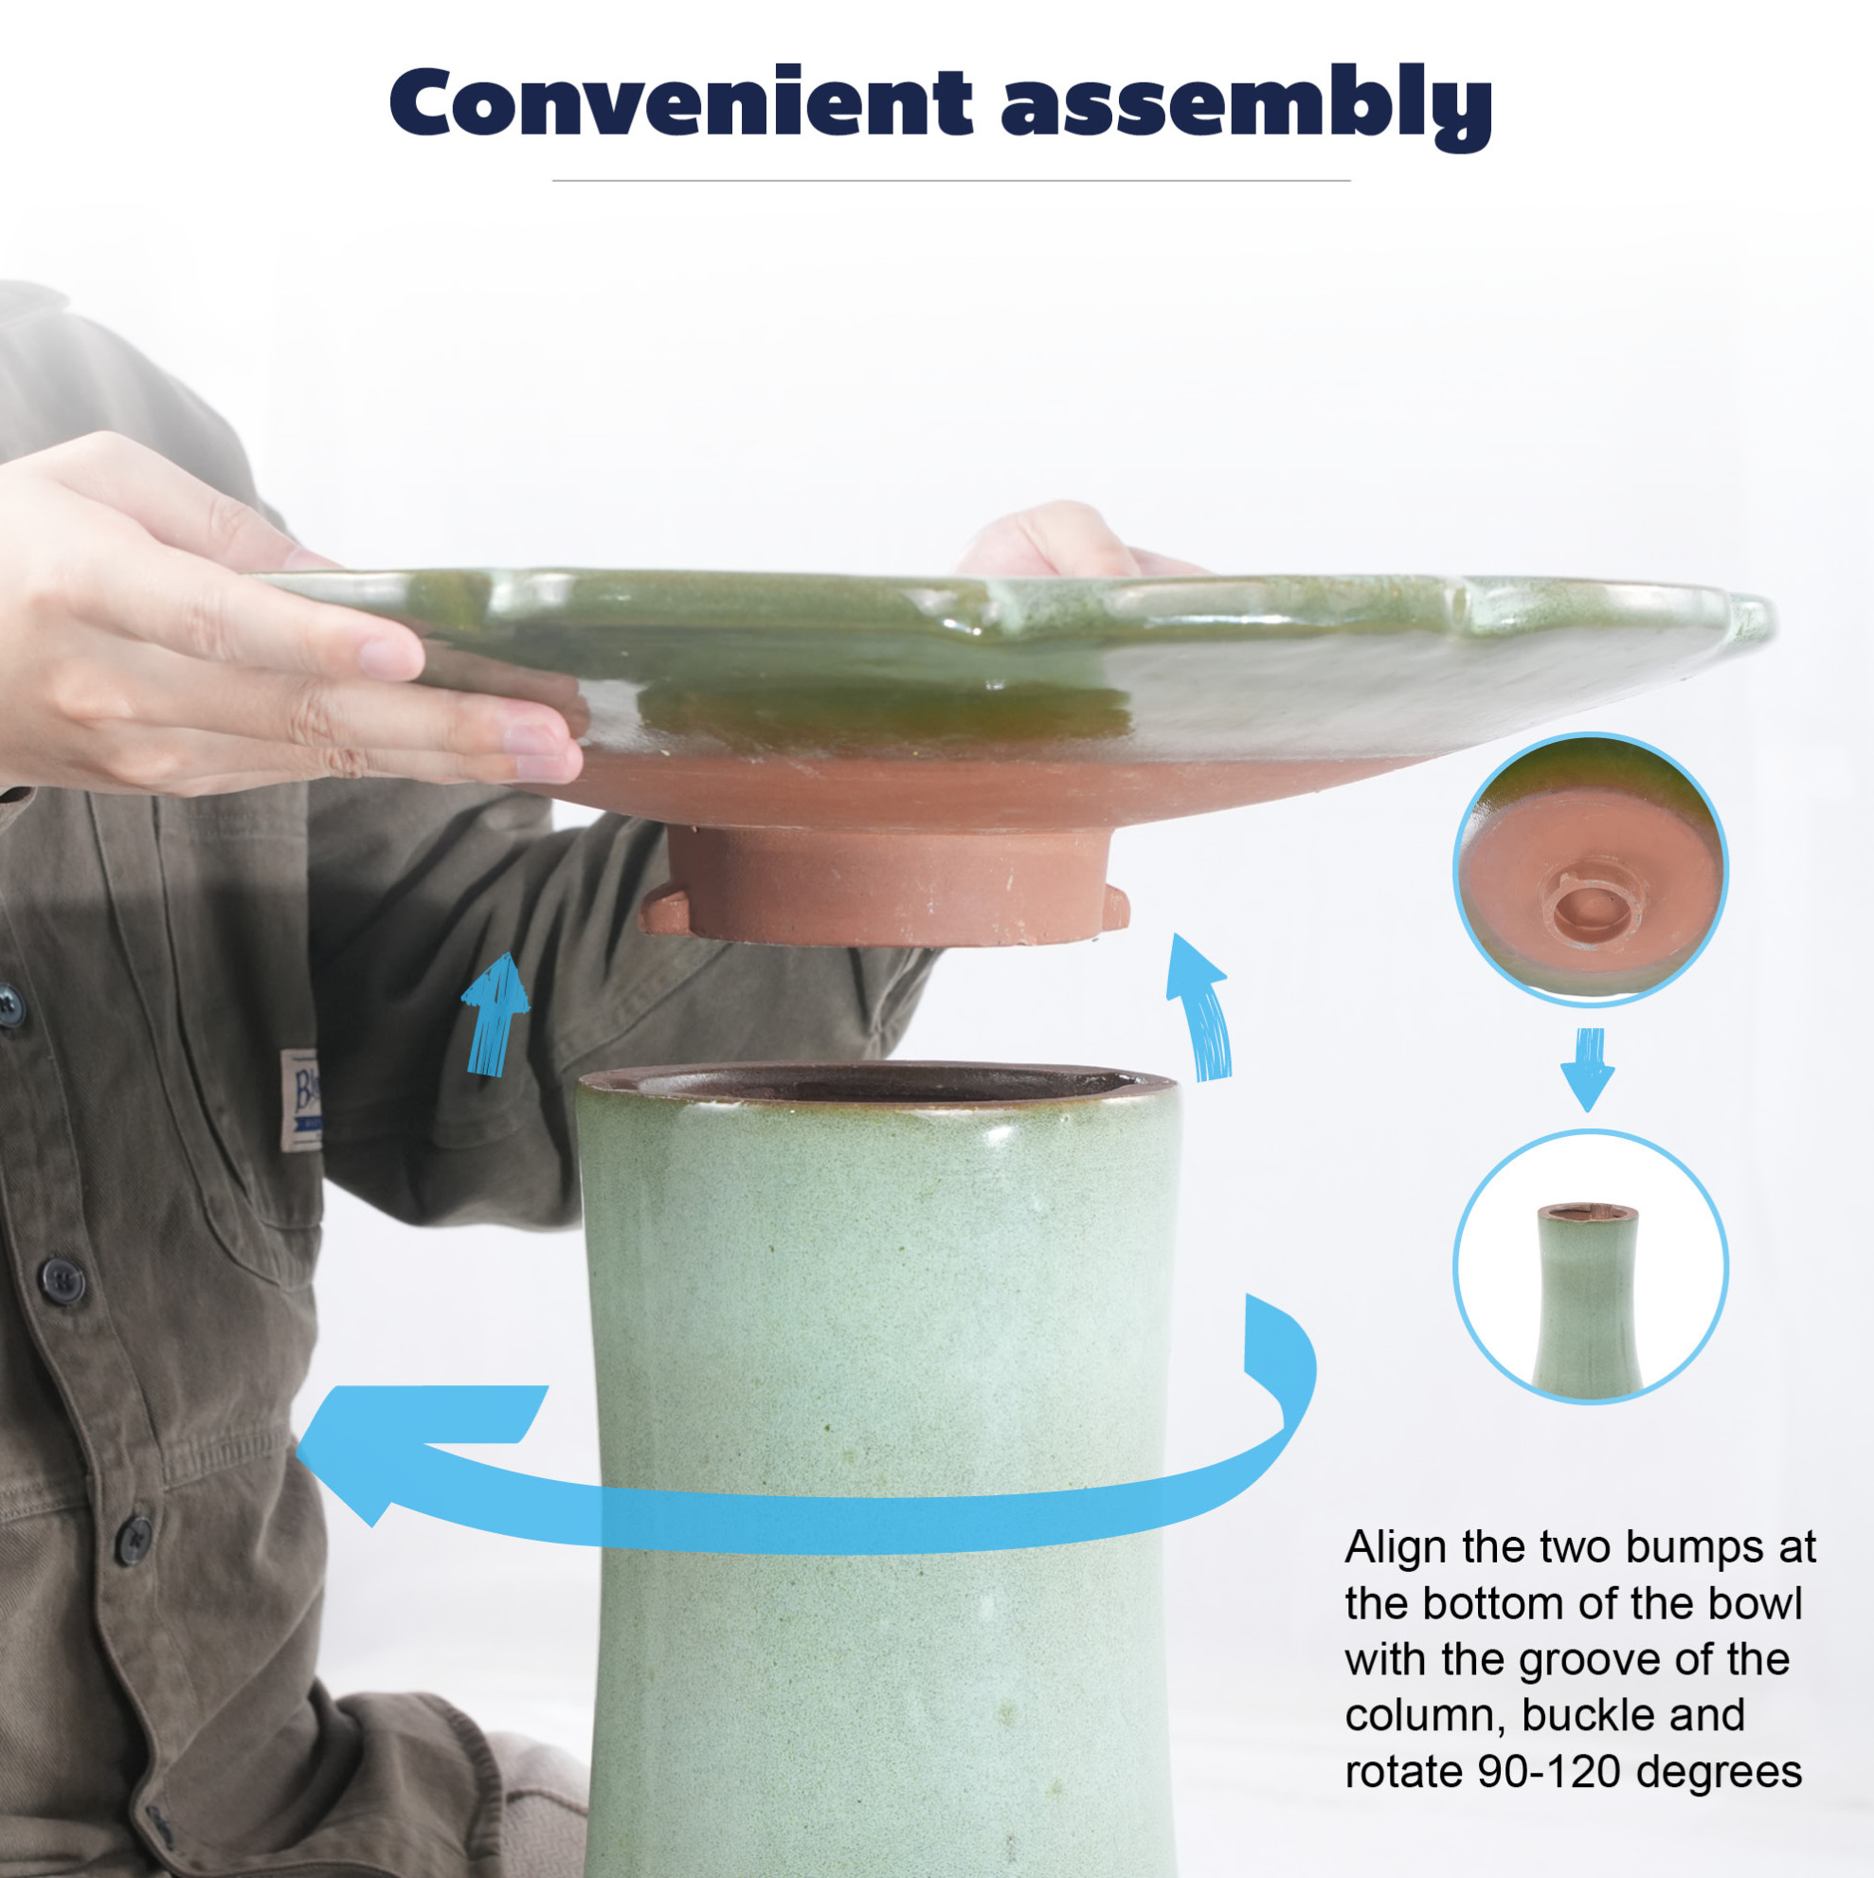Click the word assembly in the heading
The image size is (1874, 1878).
1247,107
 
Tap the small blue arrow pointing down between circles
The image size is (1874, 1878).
1587,1069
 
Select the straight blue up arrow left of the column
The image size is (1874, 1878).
495,1013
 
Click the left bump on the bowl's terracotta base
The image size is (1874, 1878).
664,910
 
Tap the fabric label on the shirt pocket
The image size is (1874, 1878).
300,1099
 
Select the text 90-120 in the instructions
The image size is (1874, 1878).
1549,1771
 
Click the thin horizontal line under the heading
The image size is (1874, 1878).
950,181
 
